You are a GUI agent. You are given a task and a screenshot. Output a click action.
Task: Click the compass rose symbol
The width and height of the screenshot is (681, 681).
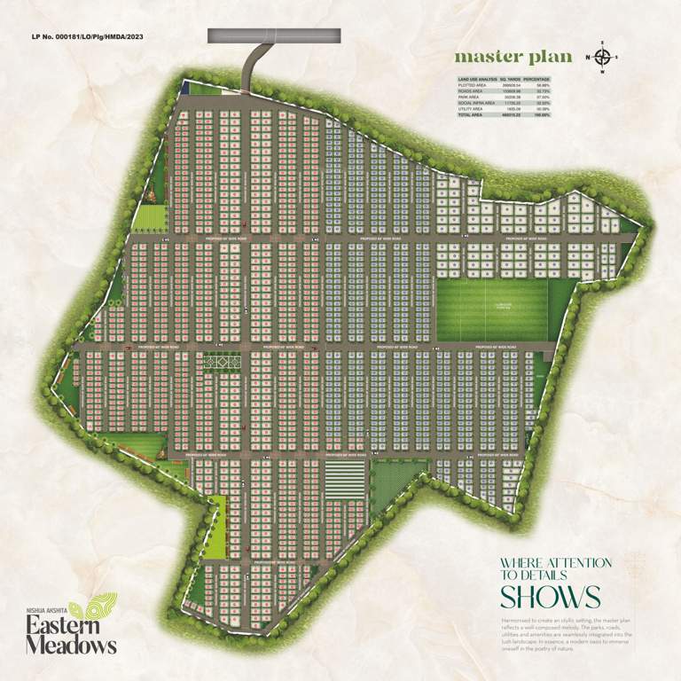(x=602, y=58)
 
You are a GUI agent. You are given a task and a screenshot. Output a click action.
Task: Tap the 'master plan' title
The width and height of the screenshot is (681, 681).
(x=509, y=57)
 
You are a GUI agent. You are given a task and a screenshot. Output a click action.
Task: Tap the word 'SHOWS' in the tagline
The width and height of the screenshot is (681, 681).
(x=550, y=595)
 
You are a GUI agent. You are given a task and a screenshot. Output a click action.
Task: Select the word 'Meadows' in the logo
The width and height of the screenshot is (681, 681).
(x=71, y=645)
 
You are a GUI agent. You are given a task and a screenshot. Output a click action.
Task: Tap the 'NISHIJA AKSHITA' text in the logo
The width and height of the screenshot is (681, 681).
(x=46, y=610)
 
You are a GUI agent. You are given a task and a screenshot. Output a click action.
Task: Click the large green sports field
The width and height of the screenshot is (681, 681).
(x=492, y=309)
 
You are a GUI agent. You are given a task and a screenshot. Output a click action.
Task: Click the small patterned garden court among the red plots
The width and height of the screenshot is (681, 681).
(x=222, y=363)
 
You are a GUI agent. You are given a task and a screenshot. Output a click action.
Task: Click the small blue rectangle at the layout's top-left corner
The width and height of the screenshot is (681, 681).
(x=184, y=88)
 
